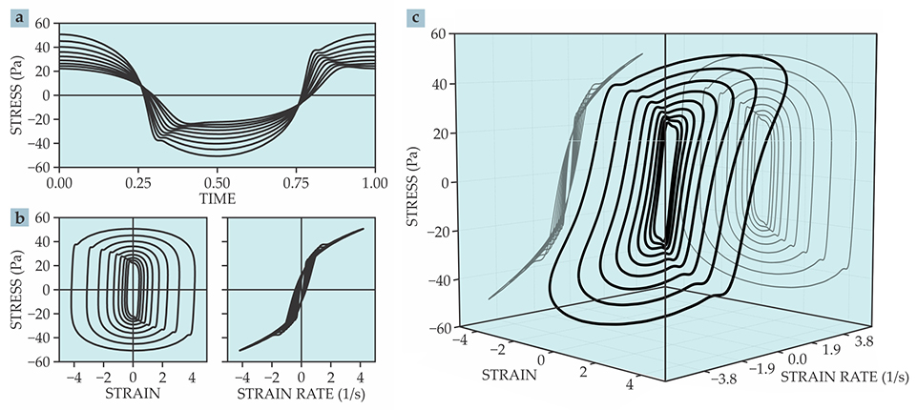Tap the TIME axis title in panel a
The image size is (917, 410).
pos(217,198)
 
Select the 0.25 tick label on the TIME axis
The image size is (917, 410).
pos(138,181)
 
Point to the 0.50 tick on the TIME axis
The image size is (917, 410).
pos(217,181)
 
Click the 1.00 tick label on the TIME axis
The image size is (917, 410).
pos(374,181)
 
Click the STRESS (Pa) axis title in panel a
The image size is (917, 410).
pos(16,95)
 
